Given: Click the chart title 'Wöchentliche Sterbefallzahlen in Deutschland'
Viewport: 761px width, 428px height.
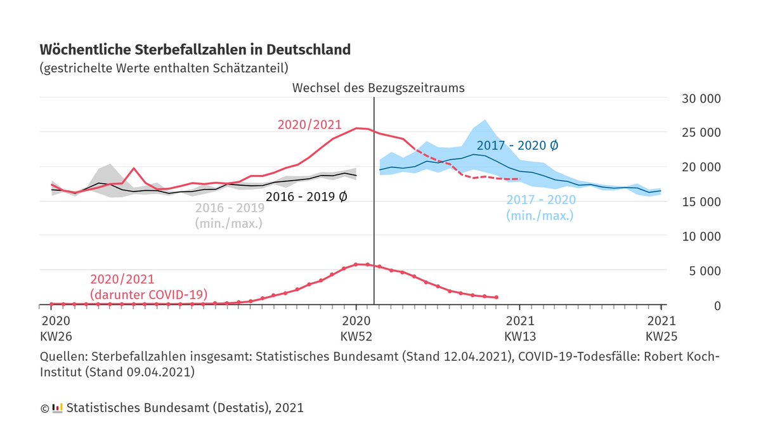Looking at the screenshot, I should pos(195,49).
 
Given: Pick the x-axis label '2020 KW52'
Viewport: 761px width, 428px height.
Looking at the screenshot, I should pos(356,328).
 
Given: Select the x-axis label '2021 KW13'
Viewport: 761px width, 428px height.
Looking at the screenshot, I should pos(520,328).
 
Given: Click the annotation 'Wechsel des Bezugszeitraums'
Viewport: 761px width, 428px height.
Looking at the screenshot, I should pos(378,88).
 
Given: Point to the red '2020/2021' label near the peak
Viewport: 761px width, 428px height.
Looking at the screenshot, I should pos(309,125).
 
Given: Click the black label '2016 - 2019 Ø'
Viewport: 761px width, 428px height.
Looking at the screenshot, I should pos(306,197).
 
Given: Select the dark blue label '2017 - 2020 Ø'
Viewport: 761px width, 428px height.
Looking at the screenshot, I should pos(517,145).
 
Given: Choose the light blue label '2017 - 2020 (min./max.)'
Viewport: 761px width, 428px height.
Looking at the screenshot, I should pos(540,207).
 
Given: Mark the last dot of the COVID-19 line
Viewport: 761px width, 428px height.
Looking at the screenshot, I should pos(496,297).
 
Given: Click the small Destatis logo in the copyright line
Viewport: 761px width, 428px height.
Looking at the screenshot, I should pos(57,408).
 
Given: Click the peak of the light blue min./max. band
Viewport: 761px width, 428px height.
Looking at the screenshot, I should pos(485,120).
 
